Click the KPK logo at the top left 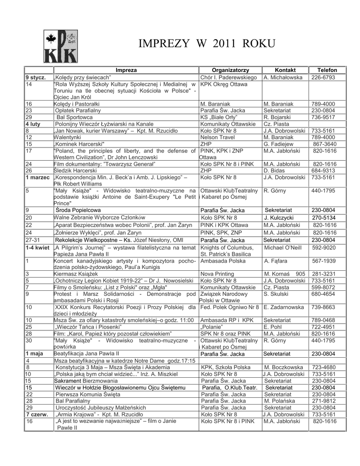click(60, 44)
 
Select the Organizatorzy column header click(230, 70)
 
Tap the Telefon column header click(327, 70)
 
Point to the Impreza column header click(126, 70)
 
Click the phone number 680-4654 click(323, 294)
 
